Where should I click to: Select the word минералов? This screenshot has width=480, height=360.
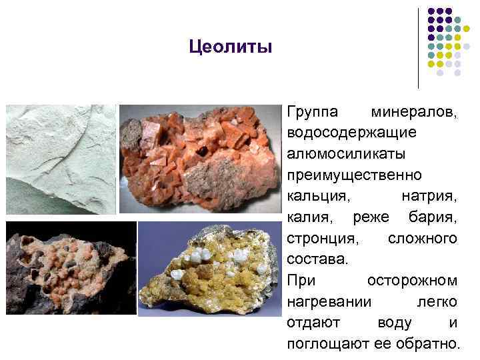(415, 111)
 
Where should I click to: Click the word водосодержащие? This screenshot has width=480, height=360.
(353, 132)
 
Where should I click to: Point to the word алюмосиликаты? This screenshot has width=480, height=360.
(344, 153)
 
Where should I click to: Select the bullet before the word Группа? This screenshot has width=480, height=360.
(281, 111)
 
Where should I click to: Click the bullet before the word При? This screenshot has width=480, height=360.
(281, 281)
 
